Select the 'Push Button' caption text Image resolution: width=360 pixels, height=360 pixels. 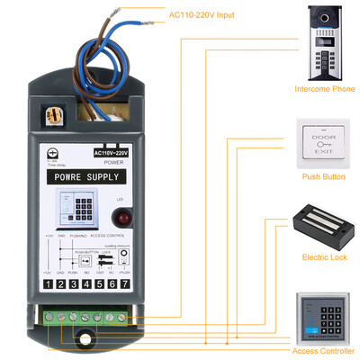tap(323, 176)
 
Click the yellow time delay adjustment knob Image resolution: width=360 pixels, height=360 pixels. tap(51, 117)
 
